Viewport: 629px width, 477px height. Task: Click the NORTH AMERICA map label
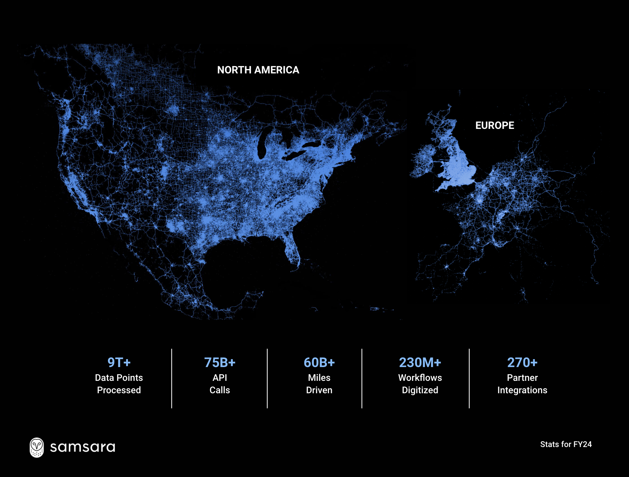[258, 70]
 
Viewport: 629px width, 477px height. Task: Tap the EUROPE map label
[495, 125]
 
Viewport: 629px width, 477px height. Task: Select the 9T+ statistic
[119, 363]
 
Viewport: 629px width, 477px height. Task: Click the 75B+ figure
[220, 363]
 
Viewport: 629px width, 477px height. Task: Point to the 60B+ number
[319, 363]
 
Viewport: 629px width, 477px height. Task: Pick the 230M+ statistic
[420, 363]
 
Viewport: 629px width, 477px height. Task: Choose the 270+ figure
[522, 363]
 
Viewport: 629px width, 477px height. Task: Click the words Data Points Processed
[119, 384]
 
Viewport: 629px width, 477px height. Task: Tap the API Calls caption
[220, 384]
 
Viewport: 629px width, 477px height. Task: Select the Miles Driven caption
[319, 384]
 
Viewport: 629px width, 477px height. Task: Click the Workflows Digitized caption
[420, 384]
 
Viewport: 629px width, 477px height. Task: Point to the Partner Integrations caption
[522, 384]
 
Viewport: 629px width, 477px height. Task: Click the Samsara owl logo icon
[37, 447]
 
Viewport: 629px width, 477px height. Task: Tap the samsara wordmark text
[82, 447]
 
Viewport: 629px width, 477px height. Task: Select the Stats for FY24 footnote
[566, 444]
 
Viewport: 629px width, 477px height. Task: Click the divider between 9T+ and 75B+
[172, 378]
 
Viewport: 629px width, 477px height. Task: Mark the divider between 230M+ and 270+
[469, 378]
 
